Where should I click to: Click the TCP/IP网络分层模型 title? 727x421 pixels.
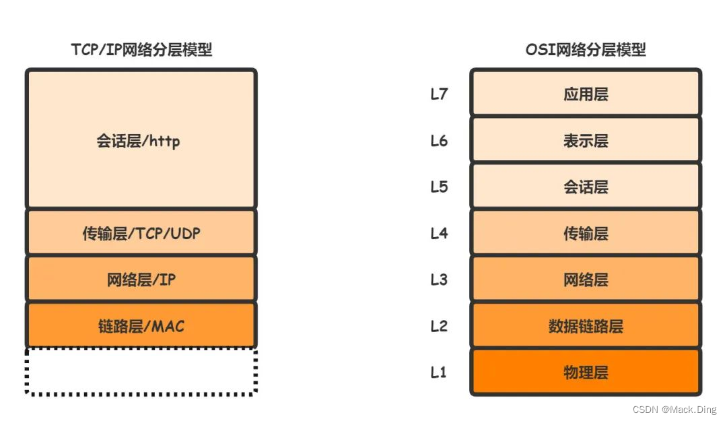[x=141, y=51]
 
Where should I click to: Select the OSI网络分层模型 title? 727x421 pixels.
[x=586, y=51]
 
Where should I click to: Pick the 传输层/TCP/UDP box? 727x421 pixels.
[x=141, y=233]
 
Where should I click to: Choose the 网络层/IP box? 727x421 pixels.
[x=141, y=279]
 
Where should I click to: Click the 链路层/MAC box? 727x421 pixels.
[x=141, y=326]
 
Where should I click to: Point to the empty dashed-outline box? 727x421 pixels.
[x=141, y=371]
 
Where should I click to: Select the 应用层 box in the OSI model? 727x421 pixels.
[x=586, y=94]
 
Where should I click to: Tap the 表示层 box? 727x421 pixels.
[x=586, y=140]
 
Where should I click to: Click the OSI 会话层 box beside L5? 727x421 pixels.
[x=586, y=187]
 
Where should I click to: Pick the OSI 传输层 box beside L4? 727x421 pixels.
[x=586, y=233]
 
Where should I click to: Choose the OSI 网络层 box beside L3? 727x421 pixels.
[x=586, y=279]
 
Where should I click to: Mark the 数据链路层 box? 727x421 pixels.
[x=586, y=326]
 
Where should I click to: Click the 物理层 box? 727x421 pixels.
[x=586, y=372]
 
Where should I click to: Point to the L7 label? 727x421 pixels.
[x=439, y=94]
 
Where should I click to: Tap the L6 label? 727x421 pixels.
[x=439, y=140]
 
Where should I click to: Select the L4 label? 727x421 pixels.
[x=439, y=233]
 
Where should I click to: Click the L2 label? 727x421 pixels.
[x=439, y=326]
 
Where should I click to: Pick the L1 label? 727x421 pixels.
[x=439, y=372]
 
